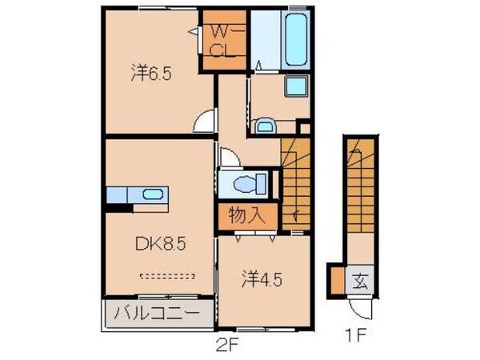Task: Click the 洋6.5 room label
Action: pos(152,74)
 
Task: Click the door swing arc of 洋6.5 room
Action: pos(206,122)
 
